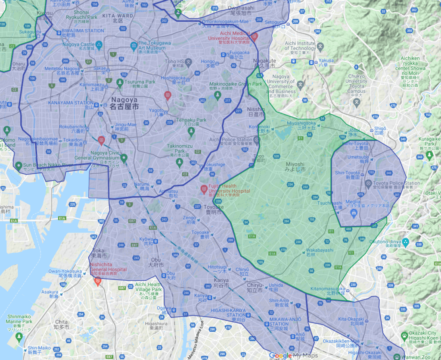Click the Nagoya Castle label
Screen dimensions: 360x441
[81, 44]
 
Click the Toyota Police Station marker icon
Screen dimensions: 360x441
[368, 183]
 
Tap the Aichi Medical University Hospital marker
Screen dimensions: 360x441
[255, 37]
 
